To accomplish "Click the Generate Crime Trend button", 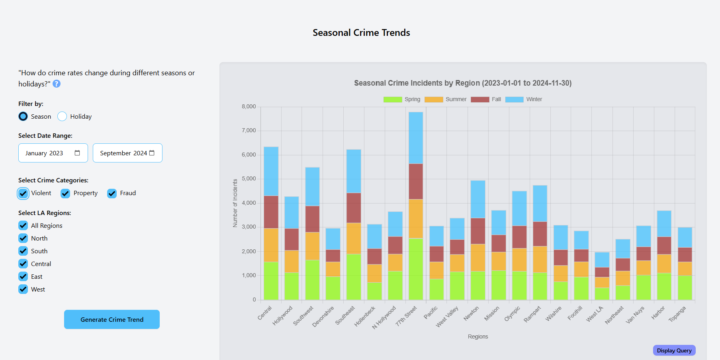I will point(112,319).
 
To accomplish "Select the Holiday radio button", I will point(62,116).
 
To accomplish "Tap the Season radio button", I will point(23,116).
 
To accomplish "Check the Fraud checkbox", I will point(112,193).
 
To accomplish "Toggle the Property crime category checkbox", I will point(65,193).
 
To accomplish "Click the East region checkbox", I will point(23,276).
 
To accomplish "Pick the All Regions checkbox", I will point(23,225).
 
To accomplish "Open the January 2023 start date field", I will point(53,153).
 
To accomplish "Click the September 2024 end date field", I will point(127,153).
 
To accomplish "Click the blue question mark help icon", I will point(57,84).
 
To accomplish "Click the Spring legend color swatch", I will point(393,99).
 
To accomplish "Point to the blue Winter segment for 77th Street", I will point(416,138).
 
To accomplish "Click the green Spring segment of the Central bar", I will point(271,280).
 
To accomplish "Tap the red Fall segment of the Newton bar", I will point(478,231).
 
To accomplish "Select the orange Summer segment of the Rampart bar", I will point(540,259).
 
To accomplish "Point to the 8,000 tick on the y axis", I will point(249,107).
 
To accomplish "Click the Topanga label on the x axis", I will point(677,314).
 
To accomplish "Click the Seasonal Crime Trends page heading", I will point(361,33).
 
